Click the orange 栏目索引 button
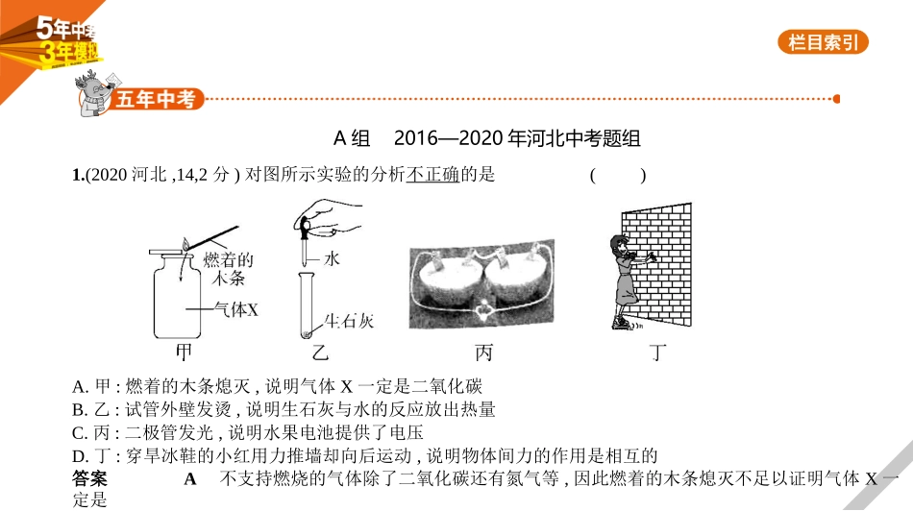[823, 42]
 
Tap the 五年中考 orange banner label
[156, 99]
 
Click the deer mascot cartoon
[93, 93]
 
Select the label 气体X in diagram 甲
[235, 309]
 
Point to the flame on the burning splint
[185, 244]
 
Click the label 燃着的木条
[229, 269]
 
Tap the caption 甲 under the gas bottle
[184, 353]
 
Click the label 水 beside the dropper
[332, 259]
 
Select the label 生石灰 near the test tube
[349, 321]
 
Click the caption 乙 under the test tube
[320, 353]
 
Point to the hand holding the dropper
[329, 218]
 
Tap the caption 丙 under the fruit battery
[483, 353]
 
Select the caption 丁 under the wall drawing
[657, 353]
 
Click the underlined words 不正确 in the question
[432, 174]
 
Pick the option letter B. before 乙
[80, 410]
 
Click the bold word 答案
[89, 478]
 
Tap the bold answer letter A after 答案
[190, 479]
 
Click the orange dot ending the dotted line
[837, 99]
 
